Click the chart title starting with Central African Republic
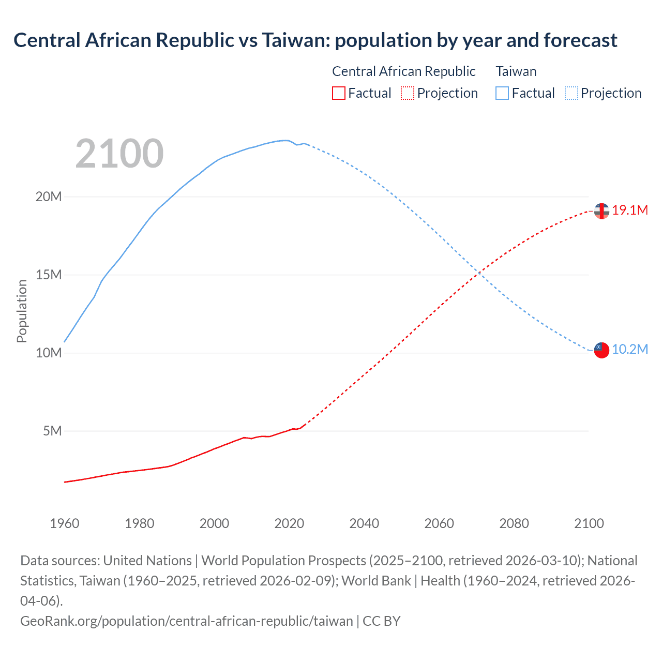(x=315, y=40)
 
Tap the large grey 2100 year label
(x=119, y=154)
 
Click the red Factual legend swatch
(x=338, y=93)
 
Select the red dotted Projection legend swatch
(x=408, y=93)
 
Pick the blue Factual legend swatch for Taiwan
(x=502, y=93)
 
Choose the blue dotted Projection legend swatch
(x=571, y=93)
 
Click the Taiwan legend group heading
(x=516, y=71)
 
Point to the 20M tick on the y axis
(x=49, y=197)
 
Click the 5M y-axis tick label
(x=52, y=431)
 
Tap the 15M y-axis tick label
(x=49, y=275)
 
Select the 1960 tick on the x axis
(x=65, y=523)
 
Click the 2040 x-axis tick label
(x=364, y=523)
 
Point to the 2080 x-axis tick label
(x=514, y=523)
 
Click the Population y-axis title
(x=22, y=311)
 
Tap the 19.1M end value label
(x=629, y=210)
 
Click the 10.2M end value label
(x=629, y=349)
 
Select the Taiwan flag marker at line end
(x=601, y=350)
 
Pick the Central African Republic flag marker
(x=601, y=211)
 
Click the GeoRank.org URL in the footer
(x=186, y=621)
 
